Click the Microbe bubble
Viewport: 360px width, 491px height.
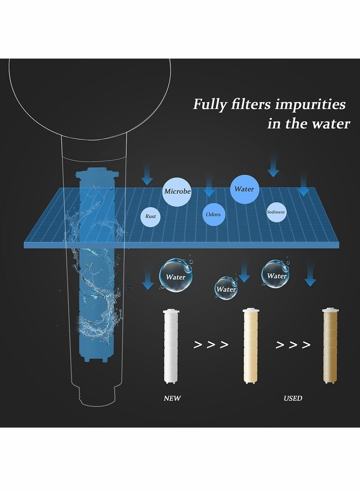click(177, 191)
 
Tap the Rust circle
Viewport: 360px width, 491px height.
click(151, 216)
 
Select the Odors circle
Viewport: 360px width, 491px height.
click(213, 214)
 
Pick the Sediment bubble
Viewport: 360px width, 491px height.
click(276, 212)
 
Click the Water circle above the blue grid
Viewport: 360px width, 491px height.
click(244, 189)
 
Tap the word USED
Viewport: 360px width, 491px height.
click(293, 398)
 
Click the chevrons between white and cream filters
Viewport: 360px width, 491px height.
click(211, 345)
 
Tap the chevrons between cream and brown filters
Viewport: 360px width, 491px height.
click(293, 345)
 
